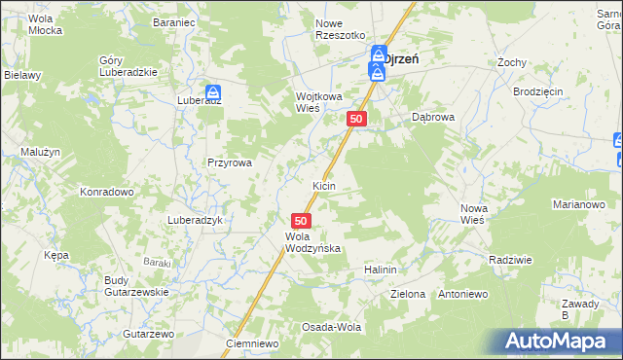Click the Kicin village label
(x=323, y=185)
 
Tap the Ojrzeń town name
(x=401, y=58)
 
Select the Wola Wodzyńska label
(x=311, y=242)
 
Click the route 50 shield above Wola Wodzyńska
(x=301, y=222)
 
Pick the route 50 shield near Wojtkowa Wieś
(x=356, y=119)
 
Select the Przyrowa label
(x=229, y=163)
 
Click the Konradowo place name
(x=106, y=192)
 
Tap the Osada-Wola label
(x=331, y=327)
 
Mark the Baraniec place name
(x=176, y=20)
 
